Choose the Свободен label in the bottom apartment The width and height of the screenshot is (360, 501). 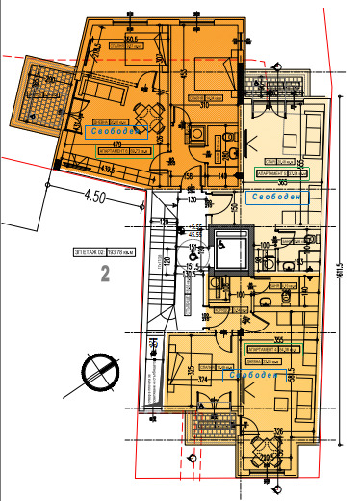click(255, 378)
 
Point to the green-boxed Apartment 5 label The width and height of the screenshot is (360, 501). click(273, 172)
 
